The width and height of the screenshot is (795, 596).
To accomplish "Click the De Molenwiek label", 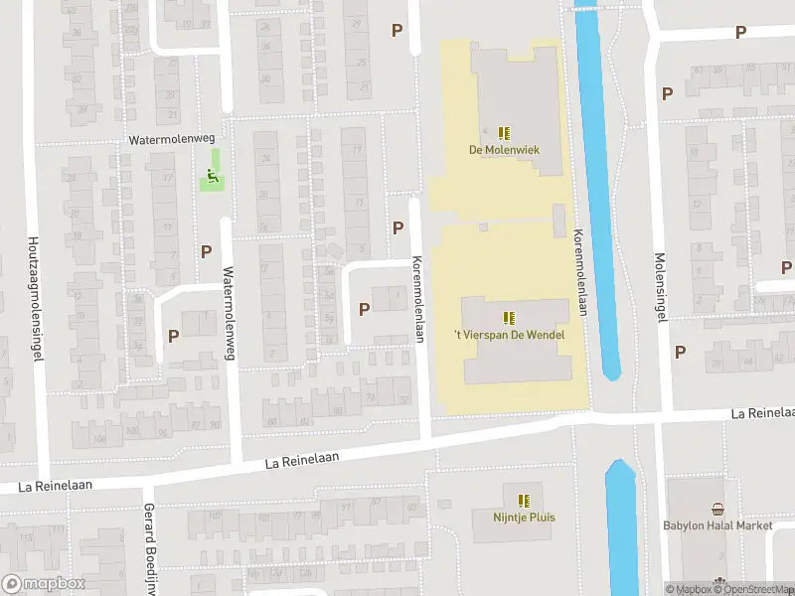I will (x=503, y=151).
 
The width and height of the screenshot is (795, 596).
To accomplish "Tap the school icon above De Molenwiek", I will (x=504, y=133).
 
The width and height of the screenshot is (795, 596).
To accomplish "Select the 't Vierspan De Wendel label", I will (x=509, y=335).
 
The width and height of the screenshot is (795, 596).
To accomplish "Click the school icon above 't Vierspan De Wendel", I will (x=509, y=318).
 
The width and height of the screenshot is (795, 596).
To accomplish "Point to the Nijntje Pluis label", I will (x=524, y=517).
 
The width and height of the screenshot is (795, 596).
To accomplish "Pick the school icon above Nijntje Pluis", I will (x=524, y=500).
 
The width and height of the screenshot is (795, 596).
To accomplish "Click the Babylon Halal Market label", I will (x=718, y=525).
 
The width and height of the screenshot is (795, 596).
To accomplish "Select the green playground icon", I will (x=212, y=179).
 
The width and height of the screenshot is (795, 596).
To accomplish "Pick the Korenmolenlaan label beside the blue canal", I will (x=580, y=273).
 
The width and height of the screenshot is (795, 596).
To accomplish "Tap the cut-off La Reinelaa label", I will (x=762, y=412).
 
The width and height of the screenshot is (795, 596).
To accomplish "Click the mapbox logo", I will (x=44, y=584).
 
